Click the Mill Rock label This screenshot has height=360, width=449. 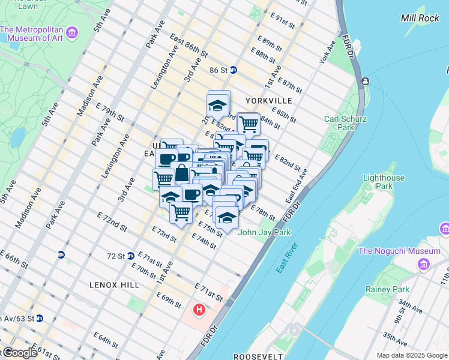pos(420,18)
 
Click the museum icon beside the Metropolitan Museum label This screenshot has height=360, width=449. pos(72,31)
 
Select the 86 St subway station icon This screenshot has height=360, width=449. pos(233,70)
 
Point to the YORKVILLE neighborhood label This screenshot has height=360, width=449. pos(268,100)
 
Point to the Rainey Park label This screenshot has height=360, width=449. pos(387,289)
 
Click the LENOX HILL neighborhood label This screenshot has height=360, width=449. pos(114,284)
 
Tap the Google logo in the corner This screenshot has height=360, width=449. pos(20,353)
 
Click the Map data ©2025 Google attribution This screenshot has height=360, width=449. pos(411,355)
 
